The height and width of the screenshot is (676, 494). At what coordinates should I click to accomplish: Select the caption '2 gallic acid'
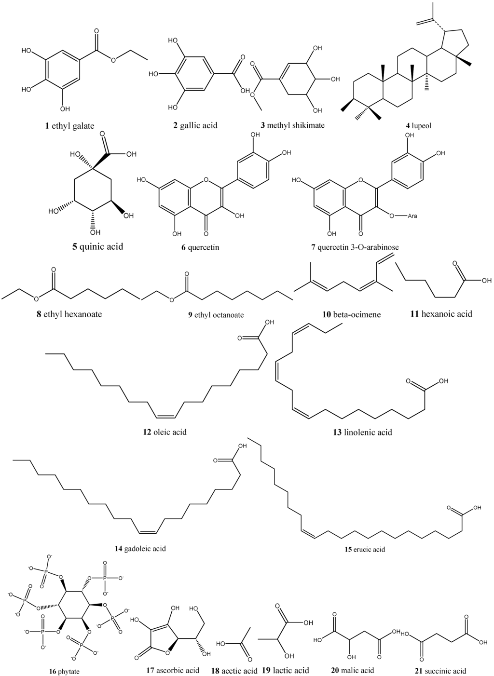pyautogui.click(x=195, y=125)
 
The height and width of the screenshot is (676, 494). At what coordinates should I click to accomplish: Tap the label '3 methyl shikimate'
pyautogui.click(x=292, y=125)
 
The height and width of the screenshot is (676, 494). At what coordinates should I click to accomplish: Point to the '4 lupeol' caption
pyautogui.click(x=418, y=125)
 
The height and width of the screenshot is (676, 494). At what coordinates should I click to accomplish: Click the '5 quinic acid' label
pyautogui.click(x=98, y=246)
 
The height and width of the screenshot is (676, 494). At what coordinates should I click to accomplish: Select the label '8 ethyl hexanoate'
pyautogui.click(x=69, y=314)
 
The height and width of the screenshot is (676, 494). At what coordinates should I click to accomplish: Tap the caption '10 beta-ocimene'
pyautogui.click(x=352, y=314)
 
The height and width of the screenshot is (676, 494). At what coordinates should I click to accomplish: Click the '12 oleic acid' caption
pyautogui.click(x=165, y=432)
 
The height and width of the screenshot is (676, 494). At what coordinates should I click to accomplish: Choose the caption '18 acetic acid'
pyautogui.click(x=234, y=671)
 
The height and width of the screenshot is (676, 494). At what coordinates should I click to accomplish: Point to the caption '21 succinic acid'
pyautogui.click(x=440, y=671)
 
